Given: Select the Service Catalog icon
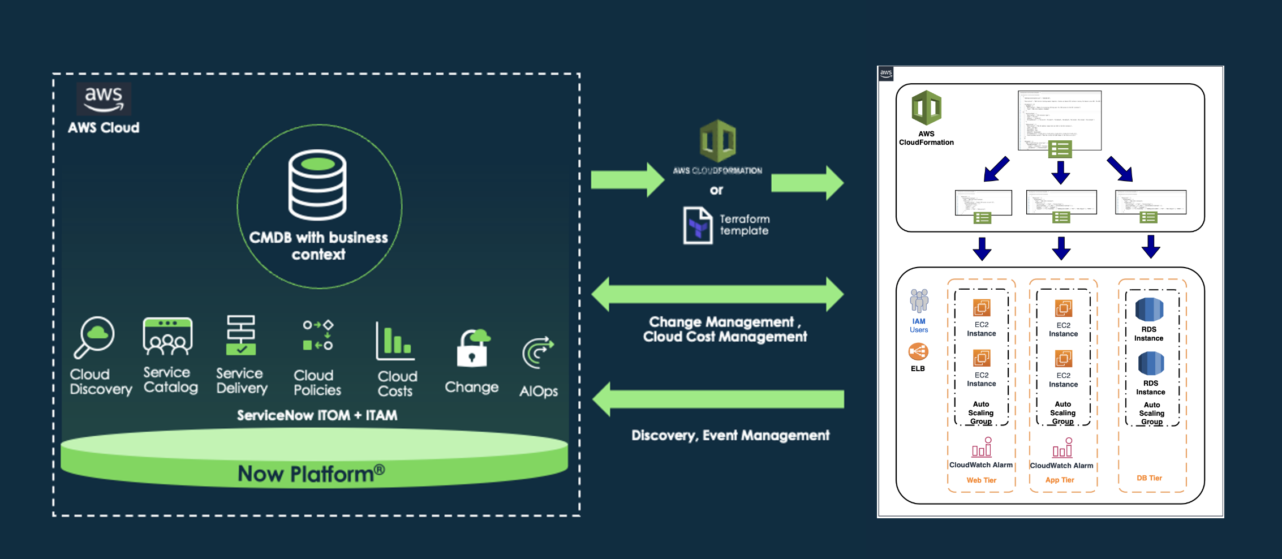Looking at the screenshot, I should pos(167,336).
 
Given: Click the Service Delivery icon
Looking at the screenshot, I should pos(240,335).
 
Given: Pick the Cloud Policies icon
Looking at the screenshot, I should pos(317,335).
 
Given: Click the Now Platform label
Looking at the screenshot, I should pos(311,473).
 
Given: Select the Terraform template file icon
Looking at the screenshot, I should pos(698,225).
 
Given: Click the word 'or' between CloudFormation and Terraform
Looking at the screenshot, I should pos(716,191).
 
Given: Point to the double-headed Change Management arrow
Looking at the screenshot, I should pos(717,294).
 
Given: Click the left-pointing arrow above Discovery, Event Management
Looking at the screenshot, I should pos(717,399).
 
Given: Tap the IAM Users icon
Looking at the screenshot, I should pos(919,301).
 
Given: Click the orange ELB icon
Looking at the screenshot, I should pos(918,352).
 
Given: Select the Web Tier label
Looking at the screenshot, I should pos(981,480).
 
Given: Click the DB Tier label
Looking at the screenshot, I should pos(1149,478).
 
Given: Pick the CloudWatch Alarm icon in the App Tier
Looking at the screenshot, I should pos(1062,448).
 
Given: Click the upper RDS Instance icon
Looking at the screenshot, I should pos(1149,309).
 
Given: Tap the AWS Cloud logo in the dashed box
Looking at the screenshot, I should pos(104,98).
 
